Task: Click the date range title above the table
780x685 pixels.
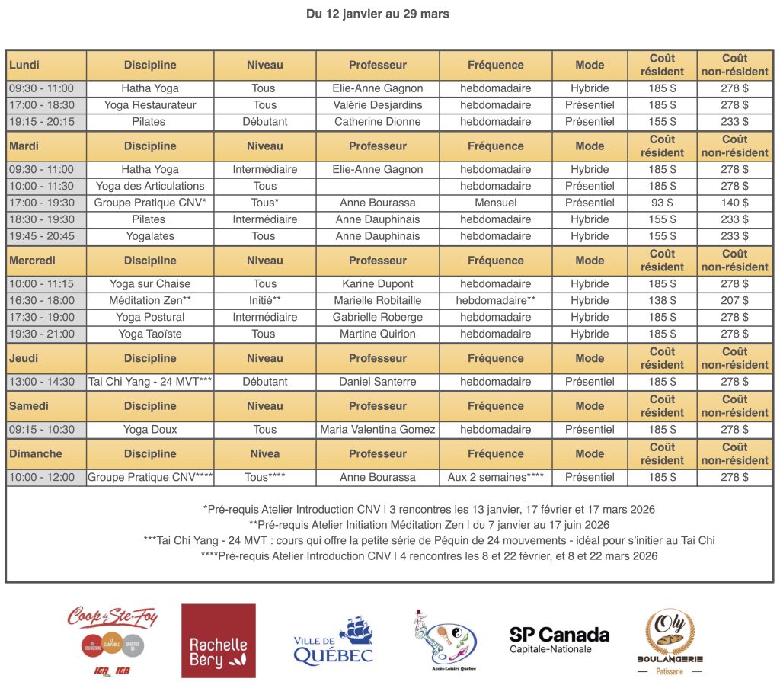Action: tap(378, 14)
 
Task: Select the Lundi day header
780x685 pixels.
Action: tap(24, 65)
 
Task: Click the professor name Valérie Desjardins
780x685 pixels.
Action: tap(378, 105)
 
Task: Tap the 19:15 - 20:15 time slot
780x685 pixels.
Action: tap(42, 122)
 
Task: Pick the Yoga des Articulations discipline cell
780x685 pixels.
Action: tap(150, 186)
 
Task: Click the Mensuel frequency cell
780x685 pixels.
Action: tap(495, 203)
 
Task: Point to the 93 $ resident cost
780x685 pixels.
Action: tap(662, 203)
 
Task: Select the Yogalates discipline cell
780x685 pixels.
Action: tap(150, 236)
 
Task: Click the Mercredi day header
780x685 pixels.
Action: tap(32, 261)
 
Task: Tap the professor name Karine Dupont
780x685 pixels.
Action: tap(378, 283)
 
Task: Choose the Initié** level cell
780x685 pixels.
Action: tap(264, 300)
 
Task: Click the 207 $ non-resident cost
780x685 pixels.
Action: tap(734, 300)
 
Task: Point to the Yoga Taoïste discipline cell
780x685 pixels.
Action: tap(150, 334)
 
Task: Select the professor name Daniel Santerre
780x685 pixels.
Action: tap(378, 382)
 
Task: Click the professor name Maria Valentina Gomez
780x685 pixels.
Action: tap(378, 430)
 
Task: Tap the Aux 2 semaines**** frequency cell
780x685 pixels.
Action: tap(495, 478)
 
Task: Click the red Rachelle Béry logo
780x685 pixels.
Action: tap(218, 641)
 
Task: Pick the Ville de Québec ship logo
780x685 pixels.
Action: tap(333, 641)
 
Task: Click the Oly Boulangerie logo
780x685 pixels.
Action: tap(670, 641)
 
